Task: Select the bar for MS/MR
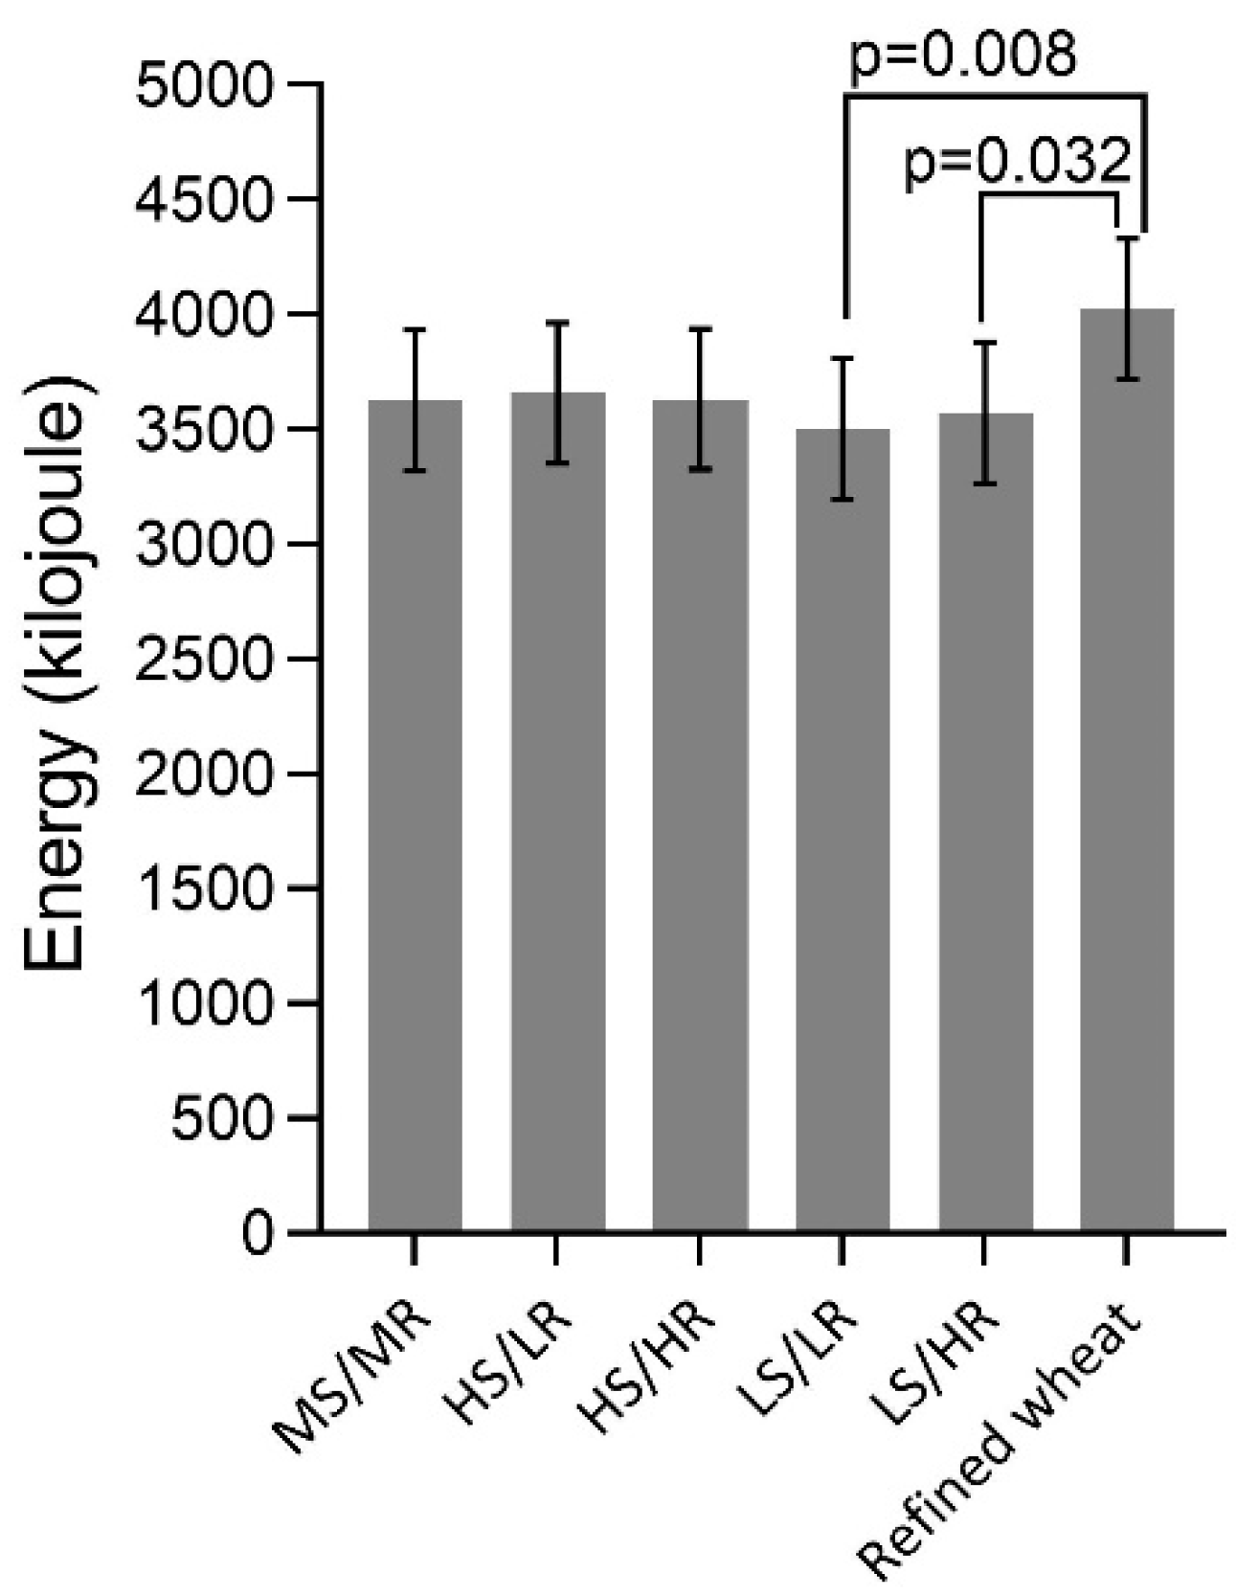(415, 814)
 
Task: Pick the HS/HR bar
(700, 814)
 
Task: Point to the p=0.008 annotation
(962, 55)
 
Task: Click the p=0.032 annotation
(1018, 163)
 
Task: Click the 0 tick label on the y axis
(257, 1233)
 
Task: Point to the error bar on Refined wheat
(1127, 308)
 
